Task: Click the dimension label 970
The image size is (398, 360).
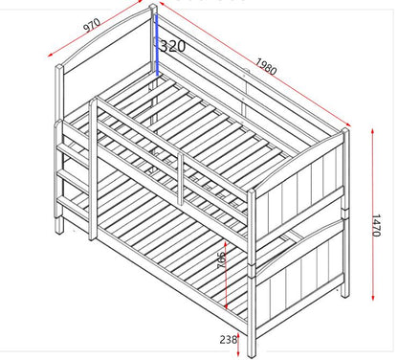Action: coord(92,26)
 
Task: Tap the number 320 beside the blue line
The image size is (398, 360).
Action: coord(173,46)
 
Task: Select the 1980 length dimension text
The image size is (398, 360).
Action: coord(267,68)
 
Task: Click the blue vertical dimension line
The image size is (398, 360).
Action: coord(157,43)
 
